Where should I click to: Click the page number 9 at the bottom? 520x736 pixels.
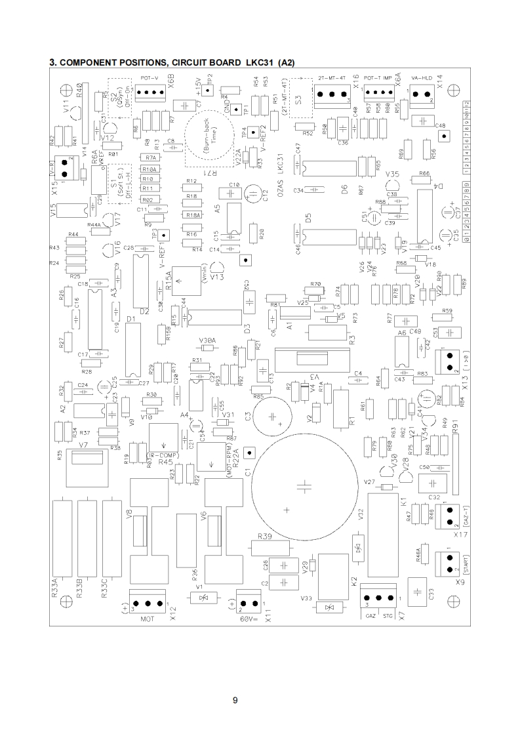235,701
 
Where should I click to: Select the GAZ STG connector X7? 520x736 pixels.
379,598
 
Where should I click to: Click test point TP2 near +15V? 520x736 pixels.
207,91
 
